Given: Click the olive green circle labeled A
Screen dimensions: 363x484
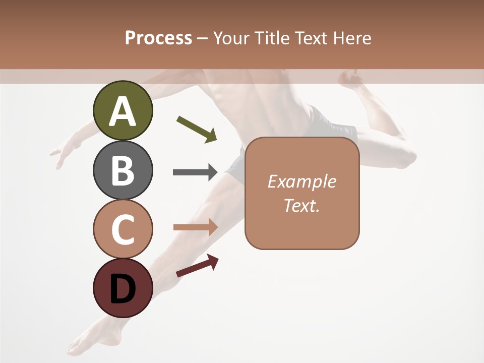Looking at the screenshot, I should tap(123, 110).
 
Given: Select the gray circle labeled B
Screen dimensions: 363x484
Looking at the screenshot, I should tap(123, 170).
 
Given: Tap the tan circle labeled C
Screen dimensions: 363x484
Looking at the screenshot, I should tap(123, 229).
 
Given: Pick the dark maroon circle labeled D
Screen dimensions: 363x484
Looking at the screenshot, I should tap(123, 288).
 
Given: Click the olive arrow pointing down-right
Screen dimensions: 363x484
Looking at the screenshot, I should tap(197, 129).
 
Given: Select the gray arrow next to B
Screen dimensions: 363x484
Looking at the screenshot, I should tap(195, 172).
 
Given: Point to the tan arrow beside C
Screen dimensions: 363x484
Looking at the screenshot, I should tap(195, 227).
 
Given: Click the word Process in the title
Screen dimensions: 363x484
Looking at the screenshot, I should tap(158, 38).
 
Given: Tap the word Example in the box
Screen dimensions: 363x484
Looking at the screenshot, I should tap(301, 181).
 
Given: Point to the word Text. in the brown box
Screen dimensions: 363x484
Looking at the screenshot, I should tap(301, 205).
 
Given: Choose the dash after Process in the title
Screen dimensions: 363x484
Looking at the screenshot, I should tap(203, 39).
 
